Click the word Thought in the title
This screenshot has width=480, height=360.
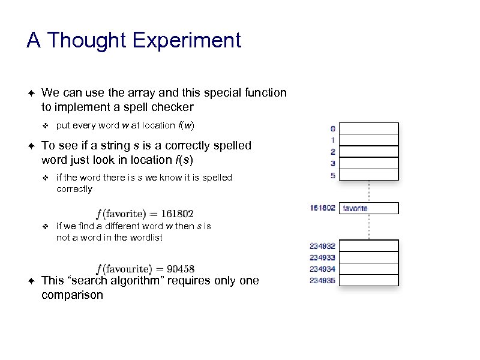tap(86, 40)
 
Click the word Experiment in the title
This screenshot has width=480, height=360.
tap(187, 41)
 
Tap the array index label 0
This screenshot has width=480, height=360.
tap(332, 128)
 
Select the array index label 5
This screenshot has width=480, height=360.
tap(332, 175)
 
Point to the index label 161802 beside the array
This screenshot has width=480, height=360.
tap(322, 208)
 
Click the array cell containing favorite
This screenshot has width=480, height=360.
tap(369, 208)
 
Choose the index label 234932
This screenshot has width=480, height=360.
tap(322, 246)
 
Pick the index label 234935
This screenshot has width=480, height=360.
tap(322, 280)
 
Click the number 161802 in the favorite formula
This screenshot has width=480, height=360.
tap(175, 214)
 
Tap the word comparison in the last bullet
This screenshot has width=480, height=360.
tap(72, 295)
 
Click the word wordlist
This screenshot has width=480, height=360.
tap(145, 238)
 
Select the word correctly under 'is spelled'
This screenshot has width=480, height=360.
tap(74, 189)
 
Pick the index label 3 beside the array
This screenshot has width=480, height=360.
tap(332, 163)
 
